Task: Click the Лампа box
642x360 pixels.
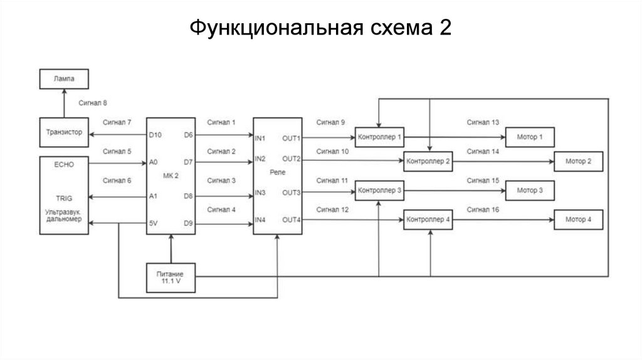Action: [64, 80]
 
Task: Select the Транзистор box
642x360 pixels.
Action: [64, 132]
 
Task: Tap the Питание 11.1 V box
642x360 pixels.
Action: [171, 277]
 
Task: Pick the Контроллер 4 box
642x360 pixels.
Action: [428, 220]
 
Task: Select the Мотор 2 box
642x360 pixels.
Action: [578, 162]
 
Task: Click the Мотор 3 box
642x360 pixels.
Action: [529, 189]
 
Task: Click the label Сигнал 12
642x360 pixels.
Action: [332, 209]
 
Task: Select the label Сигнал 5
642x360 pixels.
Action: [117, 151]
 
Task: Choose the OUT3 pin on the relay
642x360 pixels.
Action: [291, 193]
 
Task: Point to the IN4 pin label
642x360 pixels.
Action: [261, 220]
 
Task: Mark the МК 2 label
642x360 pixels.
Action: [171, 176]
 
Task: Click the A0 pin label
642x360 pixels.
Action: [154, 162]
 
